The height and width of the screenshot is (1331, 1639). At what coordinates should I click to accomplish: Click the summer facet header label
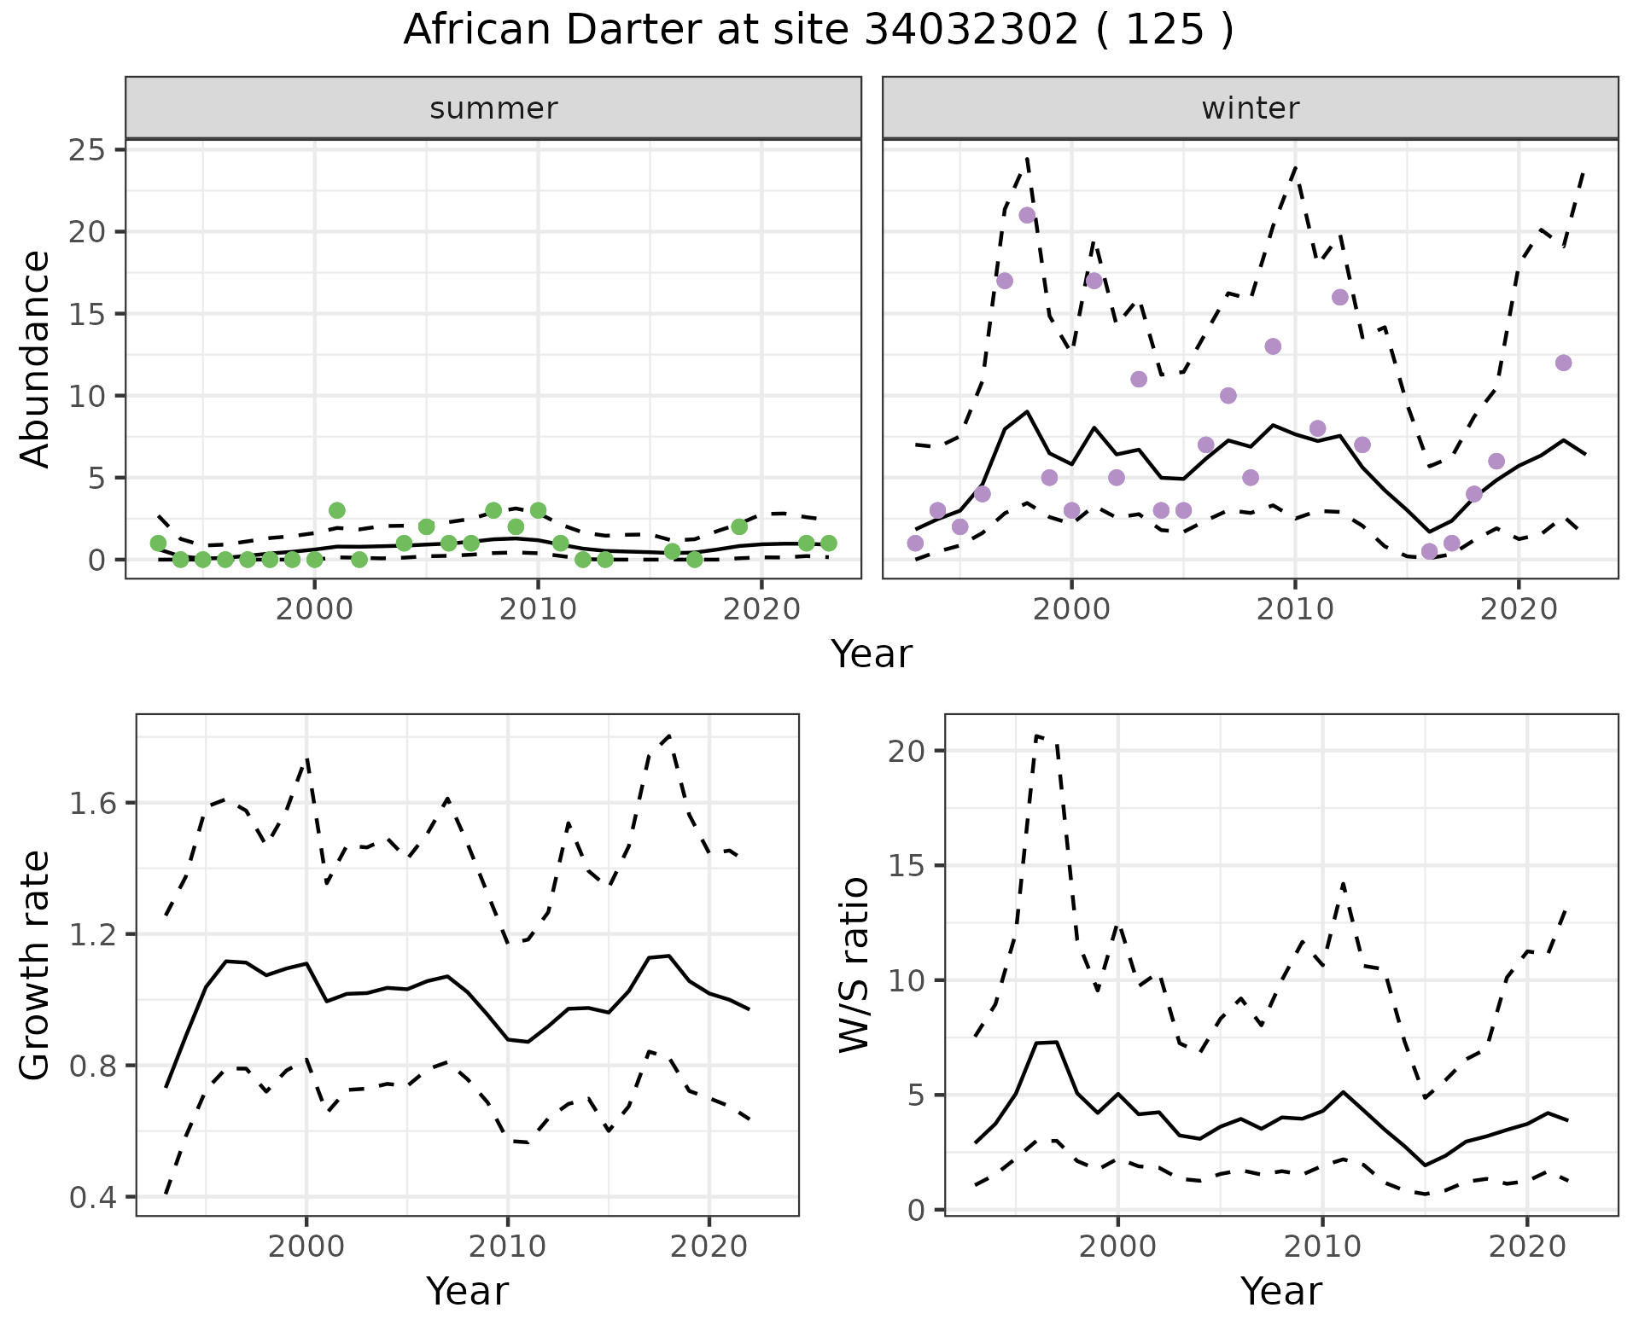[493, 108]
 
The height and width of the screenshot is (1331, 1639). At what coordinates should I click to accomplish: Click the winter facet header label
[1250, 108]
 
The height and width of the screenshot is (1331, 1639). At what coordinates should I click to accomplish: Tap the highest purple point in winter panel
[1027, 215]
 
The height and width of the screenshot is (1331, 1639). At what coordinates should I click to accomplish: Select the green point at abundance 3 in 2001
[337, 510]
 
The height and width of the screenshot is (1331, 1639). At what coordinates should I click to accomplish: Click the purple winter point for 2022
[1563, 363]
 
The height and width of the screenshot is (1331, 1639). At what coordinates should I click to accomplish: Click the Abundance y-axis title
[36, 358]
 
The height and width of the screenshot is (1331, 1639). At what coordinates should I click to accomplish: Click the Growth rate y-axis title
[36, 965]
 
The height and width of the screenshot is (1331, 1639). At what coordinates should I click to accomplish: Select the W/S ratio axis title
[854, 965]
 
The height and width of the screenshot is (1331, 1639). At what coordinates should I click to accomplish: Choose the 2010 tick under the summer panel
[538, 609]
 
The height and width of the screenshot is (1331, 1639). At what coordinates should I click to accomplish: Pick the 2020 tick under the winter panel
[1519, 609]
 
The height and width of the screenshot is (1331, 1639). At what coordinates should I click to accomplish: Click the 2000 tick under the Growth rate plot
[306, 1247]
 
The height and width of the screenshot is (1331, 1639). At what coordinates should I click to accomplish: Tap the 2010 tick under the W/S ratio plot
[1322, 1247]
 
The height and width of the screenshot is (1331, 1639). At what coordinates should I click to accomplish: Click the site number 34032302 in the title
[971, 31]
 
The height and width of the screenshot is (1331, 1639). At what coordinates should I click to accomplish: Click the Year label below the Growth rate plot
[467, 1291]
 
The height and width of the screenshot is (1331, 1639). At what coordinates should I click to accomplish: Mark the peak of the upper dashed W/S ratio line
[1036, 735]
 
